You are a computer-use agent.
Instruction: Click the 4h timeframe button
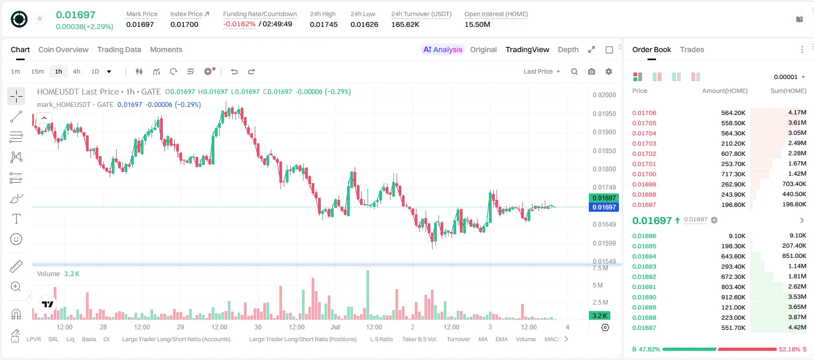(76, 71)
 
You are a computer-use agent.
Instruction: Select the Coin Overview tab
(63, 49)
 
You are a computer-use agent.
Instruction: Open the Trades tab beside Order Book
(692, 49)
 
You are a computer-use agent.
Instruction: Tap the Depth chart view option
(568, 49)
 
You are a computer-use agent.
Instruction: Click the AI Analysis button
(443, 49)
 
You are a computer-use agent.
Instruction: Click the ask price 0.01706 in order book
(644, 113)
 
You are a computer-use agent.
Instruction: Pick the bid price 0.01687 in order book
(644, 328)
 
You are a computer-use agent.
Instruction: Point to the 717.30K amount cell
(733, 174)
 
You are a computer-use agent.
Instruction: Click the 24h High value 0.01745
(323, 24)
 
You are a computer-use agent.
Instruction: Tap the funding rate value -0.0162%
(239, 24)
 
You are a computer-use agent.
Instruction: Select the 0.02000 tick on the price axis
(604, 95)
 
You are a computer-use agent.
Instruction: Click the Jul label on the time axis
(335, 327)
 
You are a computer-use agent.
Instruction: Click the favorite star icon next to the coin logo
(40, 18)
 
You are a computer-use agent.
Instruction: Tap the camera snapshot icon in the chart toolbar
(592, 71)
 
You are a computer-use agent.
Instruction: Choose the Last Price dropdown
(542, 71)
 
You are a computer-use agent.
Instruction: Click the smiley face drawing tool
(16, 239)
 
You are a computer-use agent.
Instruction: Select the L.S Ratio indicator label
(381, 339)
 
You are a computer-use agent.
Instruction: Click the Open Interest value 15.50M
(477, 24)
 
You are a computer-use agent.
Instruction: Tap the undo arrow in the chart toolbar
(234, 71)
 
